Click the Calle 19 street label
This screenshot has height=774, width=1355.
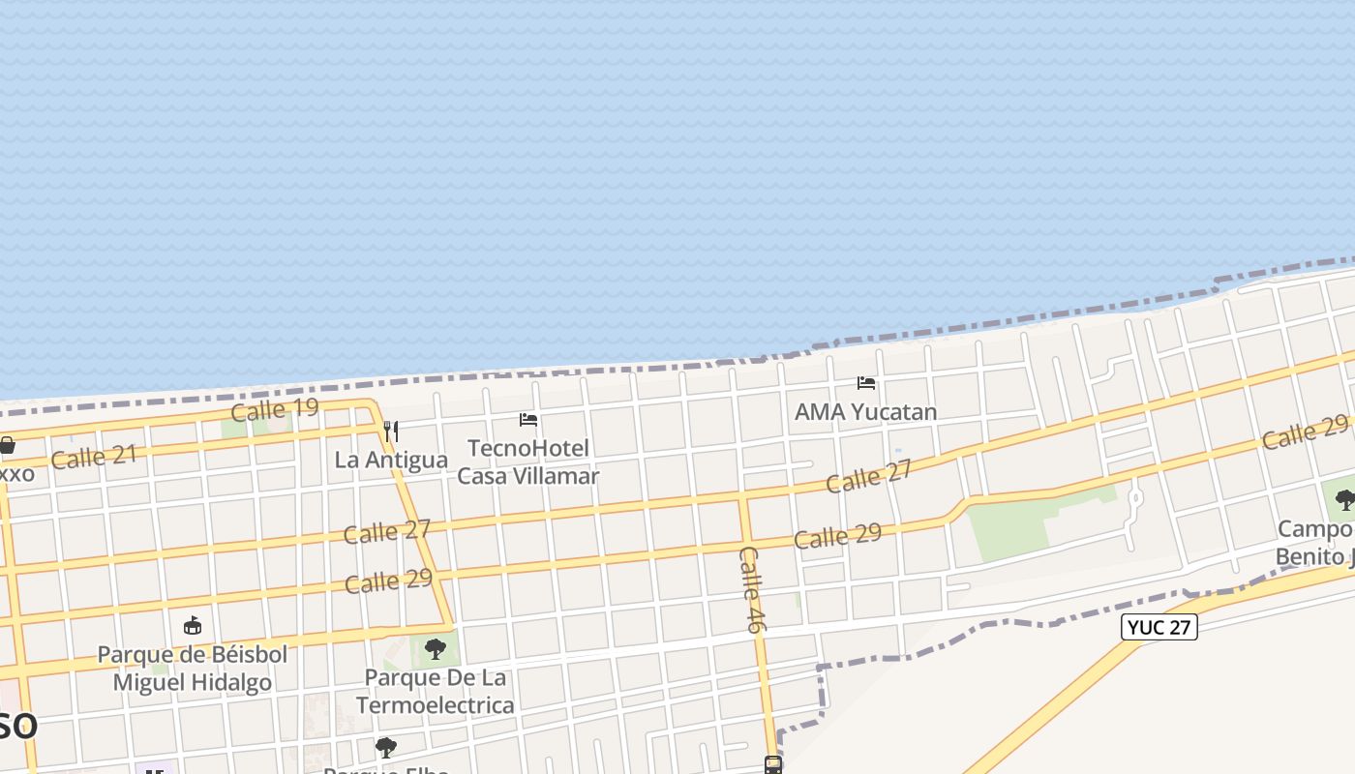point(275,409)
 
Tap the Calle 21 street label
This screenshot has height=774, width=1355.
point(94,456)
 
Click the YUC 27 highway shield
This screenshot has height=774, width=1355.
point(1159,627)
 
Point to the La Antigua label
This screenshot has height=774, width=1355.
point(391,460)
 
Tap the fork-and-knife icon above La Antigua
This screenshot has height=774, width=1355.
point(391,431)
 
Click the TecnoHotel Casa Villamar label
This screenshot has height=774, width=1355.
point(528,461)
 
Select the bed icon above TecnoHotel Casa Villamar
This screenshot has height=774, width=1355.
point(528,420)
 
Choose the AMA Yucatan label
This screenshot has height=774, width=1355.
point(865,412)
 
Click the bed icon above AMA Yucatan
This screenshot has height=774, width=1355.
point(866,383)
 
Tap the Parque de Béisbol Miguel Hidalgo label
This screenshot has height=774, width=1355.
point(193,668)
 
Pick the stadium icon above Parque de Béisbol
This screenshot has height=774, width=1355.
point(193,625)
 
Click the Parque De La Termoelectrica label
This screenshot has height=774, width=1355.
point(436,691)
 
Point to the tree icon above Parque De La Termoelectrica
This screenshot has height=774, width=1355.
point(436,648)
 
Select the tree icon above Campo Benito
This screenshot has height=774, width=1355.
point(1344,500)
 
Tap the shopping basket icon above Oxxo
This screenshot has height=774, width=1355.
point(7,446)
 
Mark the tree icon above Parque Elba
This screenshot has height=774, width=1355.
point(386,748)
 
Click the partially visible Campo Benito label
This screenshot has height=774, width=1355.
point(1315,543)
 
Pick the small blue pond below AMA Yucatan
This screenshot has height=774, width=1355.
point(898,451)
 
